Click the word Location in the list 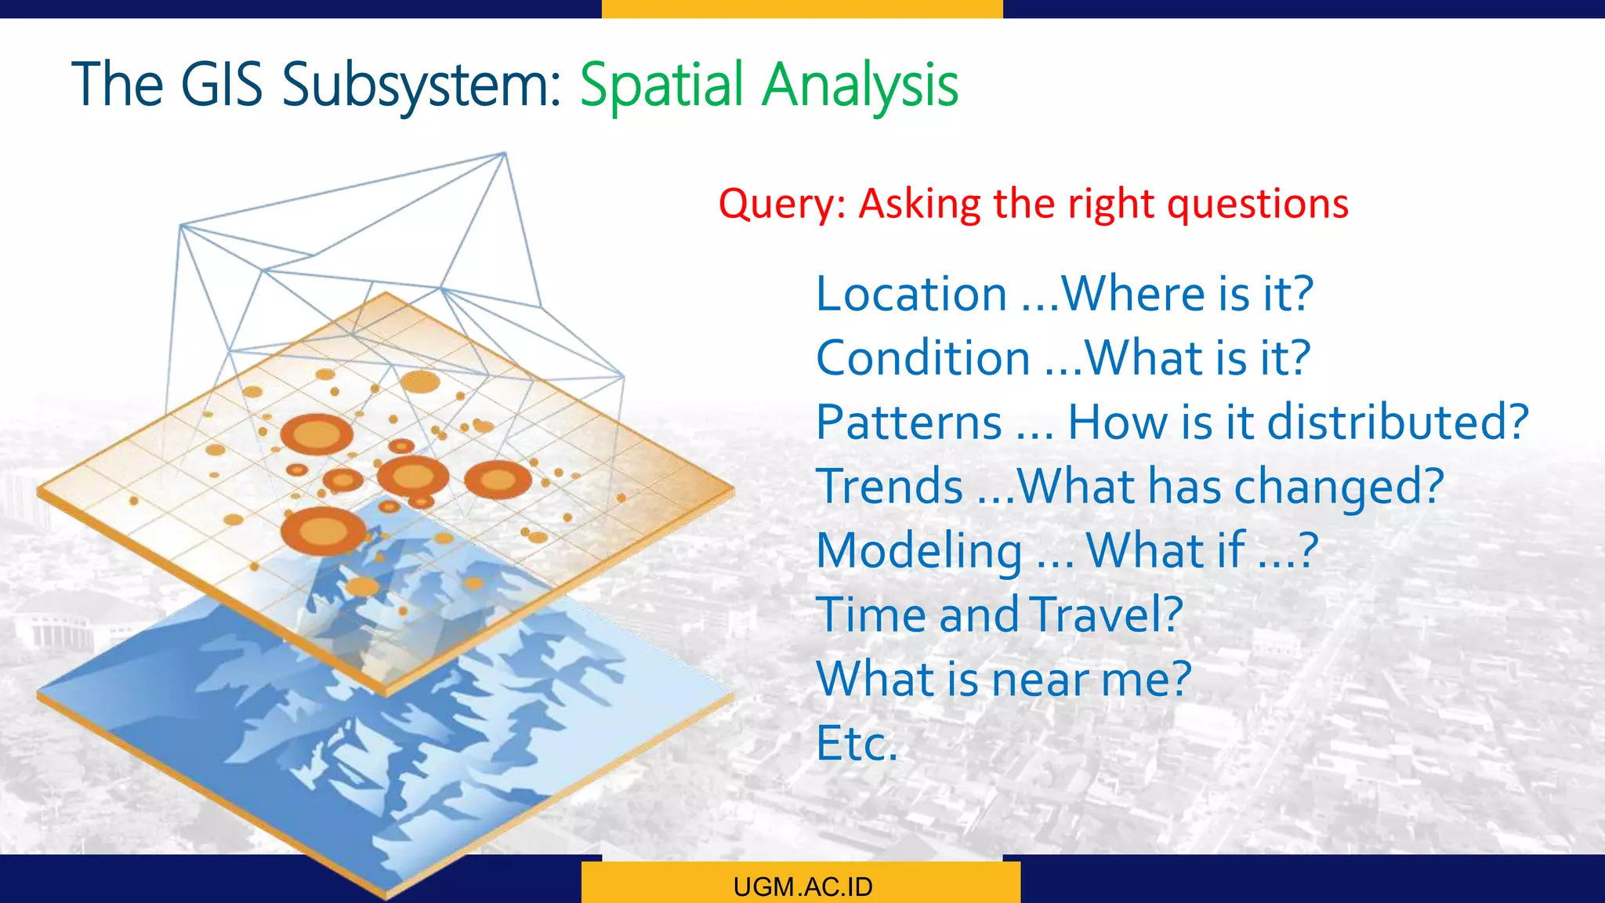click(911, 294)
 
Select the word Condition click(922, 358)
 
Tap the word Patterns click(909, 422)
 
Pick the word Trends click(889, 487)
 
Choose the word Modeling click(918, 551)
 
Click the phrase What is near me click(1003, 679)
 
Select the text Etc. click(856, 743)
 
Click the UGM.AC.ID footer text click(802, 887)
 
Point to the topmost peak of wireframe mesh click(504, 154)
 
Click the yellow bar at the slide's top click(802, 9)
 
